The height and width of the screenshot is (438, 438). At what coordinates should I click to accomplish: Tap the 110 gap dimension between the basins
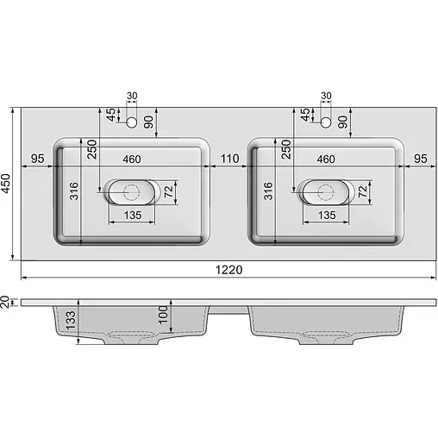click(x=228, y=159)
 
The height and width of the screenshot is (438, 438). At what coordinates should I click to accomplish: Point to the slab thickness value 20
click(x=6, y=301)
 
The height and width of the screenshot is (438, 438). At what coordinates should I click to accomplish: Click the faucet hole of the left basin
click(x=132, y=123)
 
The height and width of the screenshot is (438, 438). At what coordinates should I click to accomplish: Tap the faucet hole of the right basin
click(x=326, y=123)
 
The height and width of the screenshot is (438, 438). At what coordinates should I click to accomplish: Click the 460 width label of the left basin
click(x=132, y=159)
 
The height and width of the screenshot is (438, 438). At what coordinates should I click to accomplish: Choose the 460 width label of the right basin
click(x=326, y=159)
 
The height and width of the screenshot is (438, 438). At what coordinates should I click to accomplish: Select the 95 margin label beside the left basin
click(x=37, y=159)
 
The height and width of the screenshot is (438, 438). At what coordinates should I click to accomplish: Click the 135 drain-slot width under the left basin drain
click(x=132, y=215)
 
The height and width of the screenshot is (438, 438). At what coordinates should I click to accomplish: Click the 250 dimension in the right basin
click(x=285, y=151)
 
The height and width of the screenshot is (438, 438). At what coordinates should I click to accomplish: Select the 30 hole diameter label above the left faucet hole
click(x=132, y=96)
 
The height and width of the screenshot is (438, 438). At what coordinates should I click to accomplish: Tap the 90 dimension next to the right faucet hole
click(x=342, y=122)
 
